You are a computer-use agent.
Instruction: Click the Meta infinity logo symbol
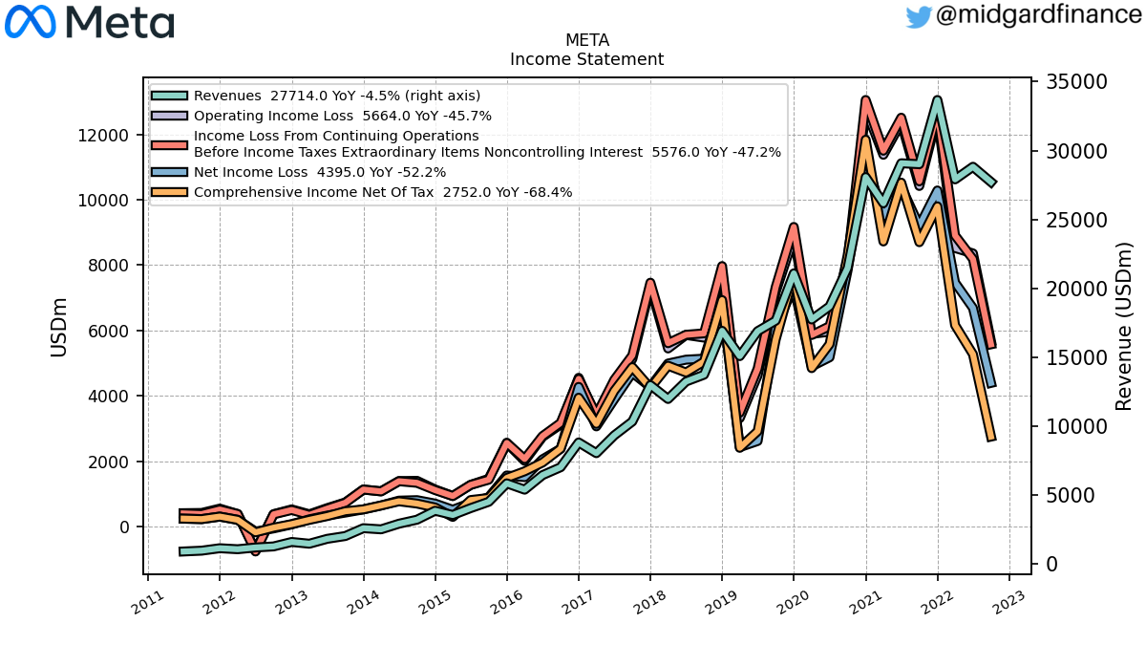pos(30,22)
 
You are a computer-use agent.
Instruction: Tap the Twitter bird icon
pos(919,17)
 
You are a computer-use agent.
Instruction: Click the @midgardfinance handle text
pos(1039,14)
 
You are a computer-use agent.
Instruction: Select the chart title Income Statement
pos(586,59)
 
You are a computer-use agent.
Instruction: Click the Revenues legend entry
pos(316,96)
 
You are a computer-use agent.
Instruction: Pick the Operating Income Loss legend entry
pos(321,116)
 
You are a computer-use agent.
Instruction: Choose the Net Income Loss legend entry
pos(299,172)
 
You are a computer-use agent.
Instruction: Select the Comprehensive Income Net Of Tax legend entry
pos(362,192)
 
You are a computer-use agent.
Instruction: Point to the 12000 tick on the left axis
pos(103,136)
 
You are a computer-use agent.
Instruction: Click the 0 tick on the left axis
pos(124,527)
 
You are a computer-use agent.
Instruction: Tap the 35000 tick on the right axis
pos(1076,82)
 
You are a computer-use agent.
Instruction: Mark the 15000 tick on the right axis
pos(1076,357)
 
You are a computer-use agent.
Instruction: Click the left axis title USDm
pos(59,328)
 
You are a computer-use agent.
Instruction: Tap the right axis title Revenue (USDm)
pos(1123,327)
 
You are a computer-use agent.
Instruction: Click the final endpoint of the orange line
pos(991,439)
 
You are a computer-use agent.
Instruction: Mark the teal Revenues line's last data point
pos(993,183)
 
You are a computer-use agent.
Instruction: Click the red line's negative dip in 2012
pos(255,552)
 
